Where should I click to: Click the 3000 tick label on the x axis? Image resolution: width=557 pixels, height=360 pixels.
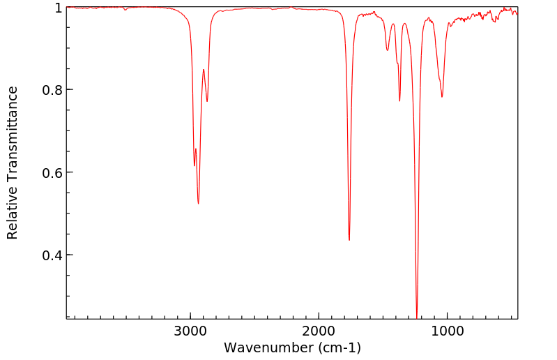click(190, 331)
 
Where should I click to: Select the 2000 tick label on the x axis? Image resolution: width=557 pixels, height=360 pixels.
click(319, 331)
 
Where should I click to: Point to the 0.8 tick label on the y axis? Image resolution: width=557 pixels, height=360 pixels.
click(53, 90)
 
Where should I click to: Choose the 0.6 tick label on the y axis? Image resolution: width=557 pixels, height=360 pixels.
click(53, 172)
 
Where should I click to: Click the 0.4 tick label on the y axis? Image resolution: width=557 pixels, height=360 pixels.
click(53, 255)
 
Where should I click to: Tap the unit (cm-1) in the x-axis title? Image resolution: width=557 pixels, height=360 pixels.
click(338, 347)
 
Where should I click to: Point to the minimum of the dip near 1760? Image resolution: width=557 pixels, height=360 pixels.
click(349, 240)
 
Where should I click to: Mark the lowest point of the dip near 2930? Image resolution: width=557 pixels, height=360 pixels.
click(199, 204)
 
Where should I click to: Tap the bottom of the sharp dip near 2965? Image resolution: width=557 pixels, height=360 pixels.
click(194, 165)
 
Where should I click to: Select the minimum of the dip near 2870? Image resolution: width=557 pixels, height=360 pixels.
click(207, 101)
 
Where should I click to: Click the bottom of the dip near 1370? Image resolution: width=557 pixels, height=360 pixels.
click(399, 101)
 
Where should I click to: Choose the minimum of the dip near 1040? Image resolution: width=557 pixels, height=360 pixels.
click(442, 97)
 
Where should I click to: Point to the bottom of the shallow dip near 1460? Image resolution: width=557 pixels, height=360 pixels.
click(388, 50)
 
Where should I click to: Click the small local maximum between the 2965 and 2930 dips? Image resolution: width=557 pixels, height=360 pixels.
click(196, 149)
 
